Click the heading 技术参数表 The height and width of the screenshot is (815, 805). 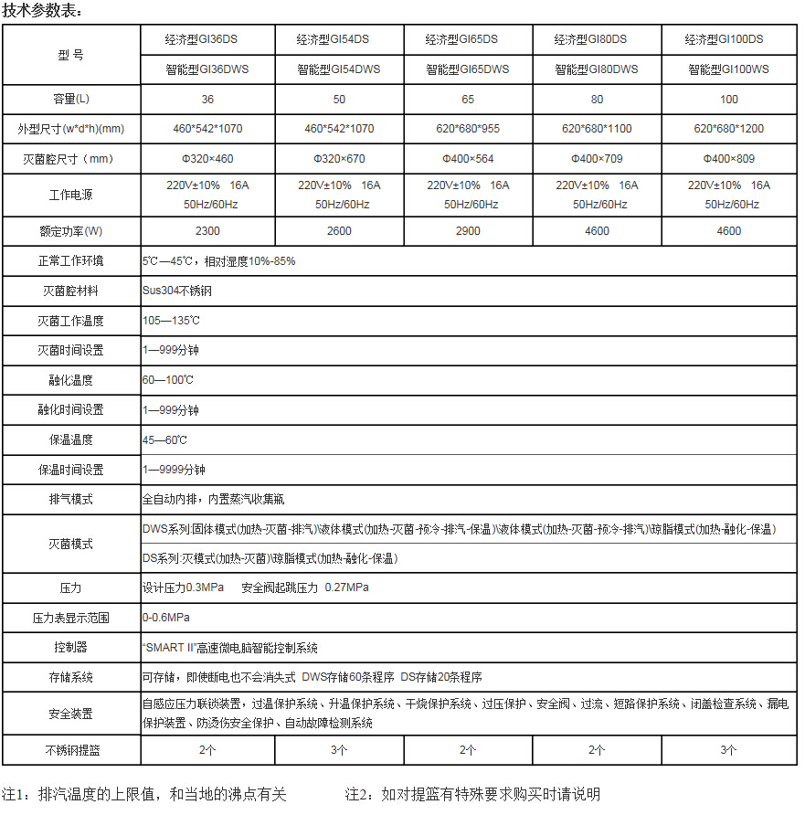(x=42, y=11)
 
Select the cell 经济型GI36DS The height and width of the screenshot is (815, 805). (x=207, y=39)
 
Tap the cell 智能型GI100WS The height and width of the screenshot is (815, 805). (x=728, y=69)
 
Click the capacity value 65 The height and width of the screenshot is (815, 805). (x=468, y=99)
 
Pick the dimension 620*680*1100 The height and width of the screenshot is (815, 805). (x=598, y=129)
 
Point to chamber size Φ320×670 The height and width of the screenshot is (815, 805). (x=338, y=159)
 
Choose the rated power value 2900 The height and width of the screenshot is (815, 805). (x=468, y=231)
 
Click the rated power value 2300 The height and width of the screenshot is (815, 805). (x=207, y=231)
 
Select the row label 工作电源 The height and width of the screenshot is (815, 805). (x=70, y=195)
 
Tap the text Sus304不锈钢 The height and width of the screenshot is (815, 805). (x=176, y=291)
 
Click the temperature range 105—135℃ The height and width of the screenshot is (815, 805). (x=171, y=321)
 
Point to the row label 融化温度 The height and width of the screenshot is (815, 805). (x=70, y=380)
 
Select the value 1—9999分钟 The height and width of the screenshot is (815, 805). (x=174, y=470)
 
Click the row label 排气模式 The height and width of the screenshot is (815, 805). (x=70, y=500)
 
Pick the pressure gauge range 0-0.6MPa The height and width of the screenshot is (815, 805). (x=165, y=618)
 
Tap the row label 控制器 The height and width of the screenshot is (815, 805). (x=70, y=648)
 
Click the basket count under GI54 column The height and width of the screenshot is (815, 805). (x=338, y=750)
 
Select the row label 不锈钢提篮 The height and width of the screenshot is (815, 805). (x=70, y=750)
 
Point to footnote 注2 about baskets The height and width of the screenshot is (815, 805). (x=472, y=795)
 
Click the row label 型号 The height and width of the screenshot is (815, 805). (x=70, y=55)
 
